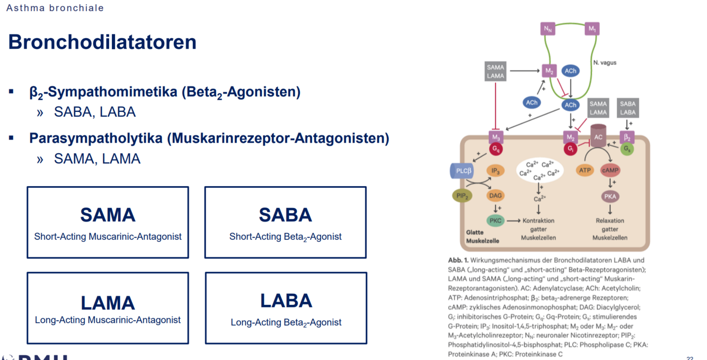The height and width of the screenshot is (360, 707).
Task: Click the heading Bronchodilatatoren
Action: point(102,42)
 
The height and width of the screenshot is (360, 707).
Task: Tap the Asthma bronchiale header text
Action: point(55,8)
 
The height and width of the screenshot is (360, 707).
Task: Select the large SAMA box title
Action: point(108,215)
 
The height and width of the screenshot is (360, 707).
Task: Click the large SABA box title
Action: point(285,215)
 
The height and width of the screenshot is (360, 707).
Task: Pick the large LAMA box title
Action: point(108,303)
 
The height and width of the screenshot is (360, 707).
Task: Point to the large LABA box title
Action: point(286,301)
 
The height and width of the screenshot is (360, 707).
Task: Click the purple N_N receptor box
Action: point(548,29)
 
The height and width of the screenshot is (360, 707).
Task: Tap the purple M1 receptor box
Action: point(591,29)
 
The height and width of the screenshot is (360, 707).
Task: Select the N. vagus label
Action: point(605,63)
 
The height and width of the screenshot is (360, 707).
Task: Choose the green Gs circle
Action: point(627,150)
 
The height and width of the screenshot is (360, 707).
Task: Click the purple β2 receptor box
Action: point(628,138)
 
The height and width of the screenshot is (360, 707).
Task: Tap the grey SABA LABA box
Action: point(628,108)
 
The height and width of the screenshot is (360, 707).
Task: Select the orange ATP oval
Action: point(585,170)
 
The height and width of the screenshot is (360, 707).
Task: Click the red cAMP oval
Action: point(611,170)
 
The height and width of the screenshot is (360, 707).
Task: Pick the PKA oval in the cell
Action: point(611,196)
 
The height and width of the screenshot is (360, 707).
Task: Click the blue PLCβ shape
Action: point(461,171)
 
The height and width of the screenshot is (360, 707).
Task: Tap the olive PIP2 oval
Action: point(462,196)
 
